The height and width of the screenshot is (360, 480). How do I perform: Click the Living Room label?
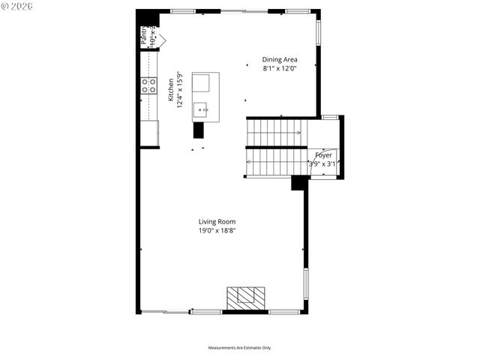click(x=217, y=221)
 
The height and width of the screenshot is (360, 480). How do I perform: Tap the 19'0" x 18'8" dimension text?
click(x=217, y=231)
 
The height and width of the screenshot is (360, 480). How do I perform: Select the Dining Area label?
click(x=280, y=59)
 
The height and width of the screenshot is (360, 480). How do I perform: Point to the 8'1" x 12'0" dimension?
click(x=280, y=69)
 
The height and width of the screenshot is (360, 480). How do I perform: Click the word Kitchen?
click(x=171, y=89)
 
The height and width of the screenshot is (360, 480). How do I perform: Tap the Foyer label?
click(x=323, y=154)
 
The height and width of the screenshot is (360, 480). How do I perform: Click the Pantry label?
click(x=145, y=36)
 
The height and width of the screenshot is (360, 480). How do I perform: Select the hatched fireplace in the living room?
click(x=246, y=298)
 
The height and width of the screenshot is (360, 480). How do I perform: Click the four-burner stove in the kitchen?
click(x=148, y=85)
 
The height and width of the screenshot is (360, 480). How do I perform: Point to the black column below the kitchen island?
click(x=199, y=130)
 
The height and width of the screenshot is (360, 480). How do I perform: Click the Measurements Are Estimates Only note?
click(x=240, y=347)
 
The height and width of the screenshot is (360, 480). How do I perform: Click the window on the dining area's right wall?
click(x=318, y=32)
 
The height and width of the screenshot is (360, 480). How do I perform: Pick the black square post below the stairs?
click(x=298, y=182)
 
